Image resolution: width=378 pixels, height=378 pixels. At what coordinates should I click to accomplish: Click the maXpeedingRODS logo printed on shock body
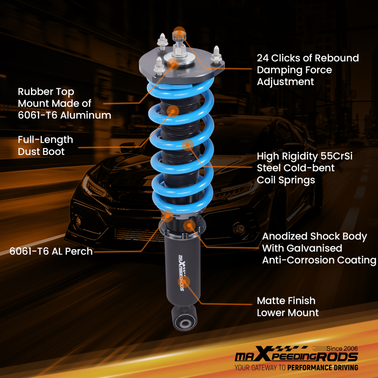pyautogui.click(x=182, y=270)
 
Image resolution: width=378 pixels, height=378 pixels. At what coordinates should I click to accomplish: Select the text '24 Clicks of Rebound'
pyautogui.click(x=308, y=58)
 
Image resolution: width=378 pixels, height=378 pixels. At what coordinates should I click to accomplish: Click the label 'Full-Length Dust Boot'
pyautogui.click(x=45, y=146)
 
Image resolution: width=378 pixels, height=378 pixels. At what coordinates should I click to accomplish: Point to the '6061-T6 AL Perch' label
pyautogui.click(x=51, y=251)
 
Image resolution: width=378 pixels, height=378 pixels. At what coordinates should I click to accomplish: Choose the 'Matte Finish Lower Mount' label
pyautogui.click(x=288, y=307)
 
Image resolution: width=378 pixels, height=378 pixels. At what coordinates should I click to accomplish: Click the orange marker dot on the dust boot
pyautogui.click(x=173, y=110)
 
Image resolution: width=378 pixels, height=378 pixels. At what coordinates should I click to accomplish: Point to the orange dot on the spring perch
pyautogui.click(x=167, y=216)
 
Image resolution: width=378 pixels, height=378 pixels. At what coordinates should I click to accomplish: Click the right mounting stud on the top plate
pyautogui.click(x=217, y=54)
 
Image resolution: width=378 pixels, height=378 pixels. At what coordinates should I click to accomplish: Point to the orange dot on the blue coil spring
pyautogui.click(x=187, y=144)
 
